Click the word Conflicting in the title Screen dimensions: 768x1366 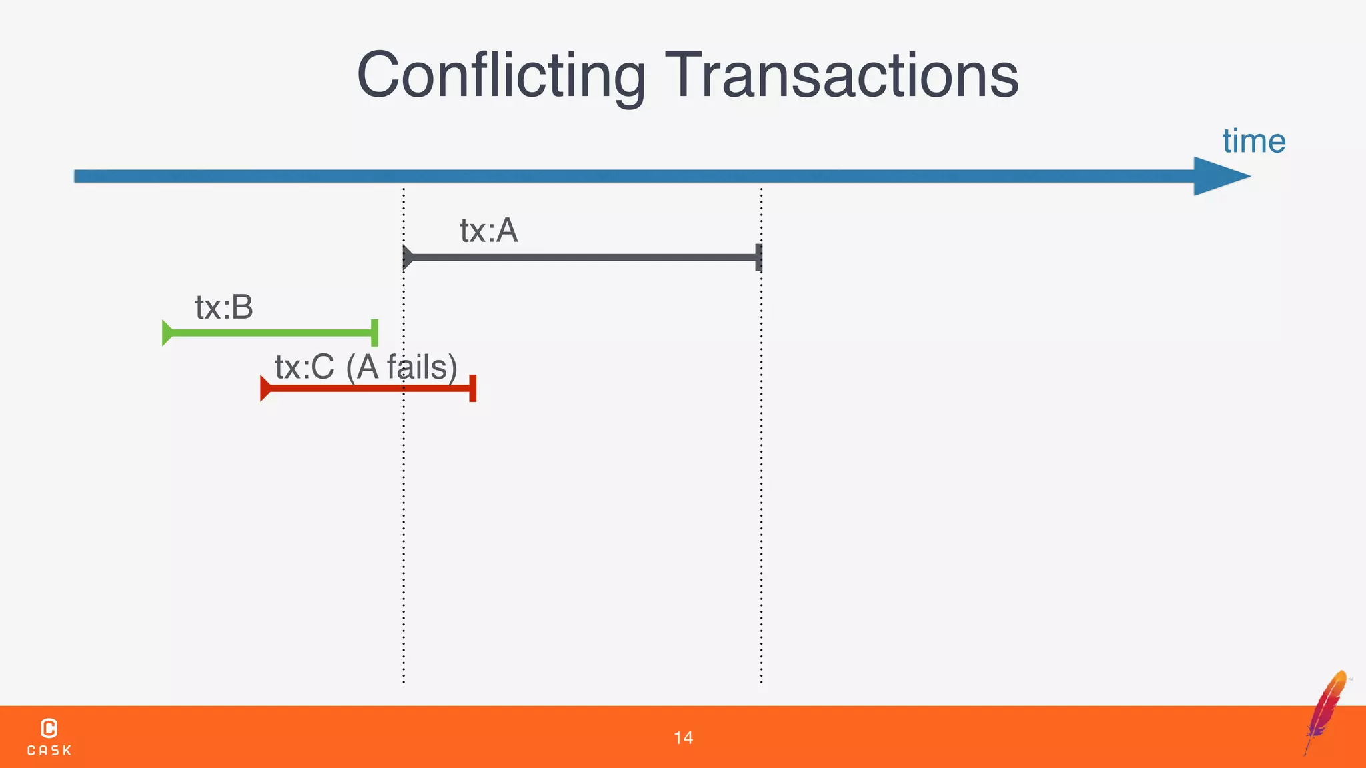pyautogui.click(x=501, y=75)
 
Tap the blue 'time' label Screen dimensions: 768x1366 pyautogui.click(x=1253, y=141)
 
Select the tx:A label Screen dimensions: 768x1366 pyautogui.click(x=488, y=231)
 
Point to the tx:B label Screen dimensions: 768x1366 pyautogui.click(x=224, y=307)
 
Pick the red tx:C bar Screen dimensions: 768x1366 pyautogui.click(x=367, y=388)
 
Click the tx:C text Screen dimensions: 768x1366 pyautogui.click(x=305, y=367)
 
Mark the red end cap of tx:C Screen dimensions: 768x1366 pyautogui.click(x=472, y=388)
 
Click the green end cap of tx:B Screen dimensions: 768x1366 pyautogui.click(x=374, y=333)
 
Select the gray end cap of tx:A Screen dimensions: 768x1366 pyautogui.click(x=758, y=257)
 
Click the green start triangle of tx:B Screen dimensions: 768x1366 pyautogui.click(x=167, y=333)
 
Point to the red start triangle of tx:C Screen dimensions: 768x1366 pyautogui.click(x=265, y=388)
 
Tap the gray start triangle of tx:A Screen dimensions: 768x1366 pyautogui.click(x=408, y=257)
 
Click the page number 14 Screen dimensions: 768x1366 pyautogui.click(x=683, y=737)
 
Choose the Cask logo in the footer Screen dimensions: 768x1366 pyautogui.click(x=49, y=737)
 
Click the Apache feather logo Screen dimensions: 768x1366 pyautogui.click(x=1326, y=711)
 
